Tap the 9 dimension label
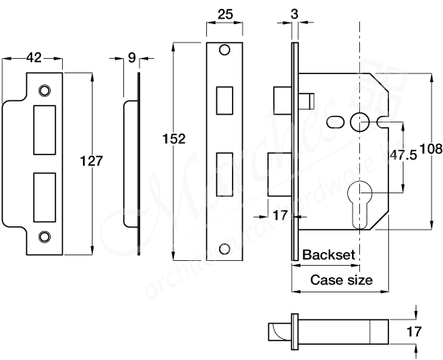click(133, 57)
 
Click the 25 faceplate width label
click(226, 14)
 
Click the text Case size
click(342, 280)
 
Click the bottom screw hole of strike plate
click(45, 236)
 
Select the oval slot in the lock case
click(334, 121)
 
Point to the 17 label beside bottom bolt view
click(415, 330)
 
